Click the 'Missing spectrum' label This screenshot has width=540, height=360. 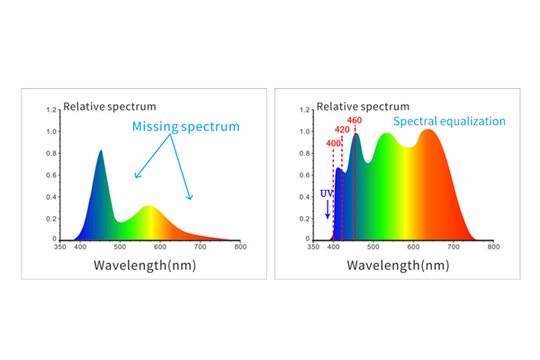point(186,127)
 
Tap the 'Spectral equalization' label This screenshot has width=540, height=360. point(449,121)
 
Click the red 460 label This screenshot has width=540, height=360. point(354,121)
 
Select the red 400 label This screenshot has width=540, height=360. point(333,143)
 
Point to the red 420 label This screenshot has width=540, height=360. point(343,130)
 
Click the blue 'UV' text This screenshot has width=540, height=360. point(327,193)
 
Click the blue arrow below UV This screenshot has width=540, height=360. point(327,211)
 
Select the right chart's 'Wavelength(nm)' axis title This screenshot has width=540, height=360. point(398,265)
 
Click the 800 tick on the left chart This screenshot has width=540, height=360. point(239,247)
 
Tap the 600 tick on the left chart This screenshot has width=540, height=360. point(159,247)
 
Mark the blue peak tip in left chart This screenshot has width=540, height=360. point(101,151)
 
